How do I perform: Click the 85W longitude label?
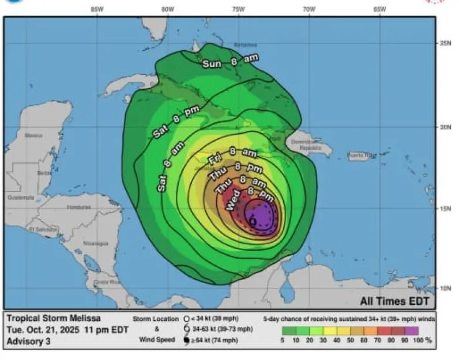97,9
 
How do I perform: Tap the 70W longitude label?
308,9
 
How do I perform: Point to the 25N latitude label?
445,43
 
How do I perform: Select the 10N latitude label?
445,288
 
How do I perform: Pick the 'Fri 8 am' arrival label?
232,154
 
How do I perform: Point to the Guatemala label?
21,198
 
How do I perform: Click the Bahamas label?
246,44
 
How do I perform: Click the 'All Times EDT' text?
394,301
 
